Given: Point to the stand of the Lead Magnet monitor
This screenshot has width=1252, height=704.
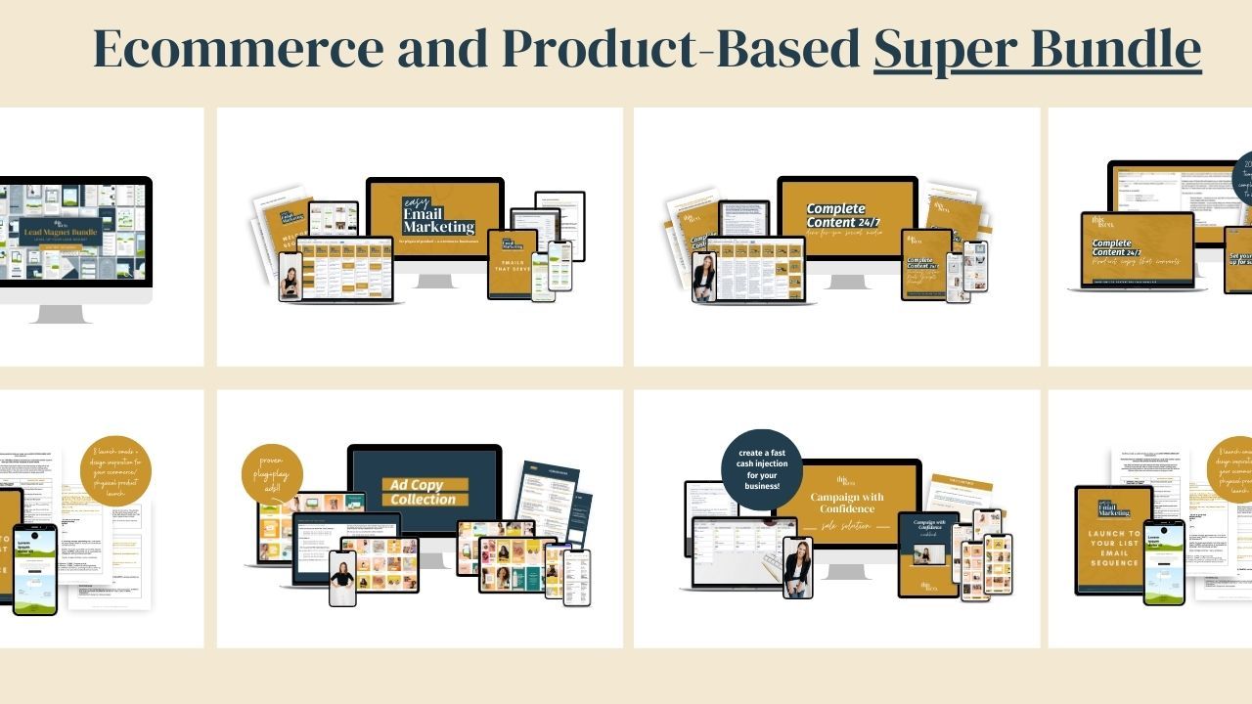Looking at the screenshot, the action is click(x=61, y=313).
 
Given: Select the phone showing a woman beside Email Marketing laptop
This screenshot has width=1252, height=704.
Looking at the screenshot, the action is click(x=290, y=277).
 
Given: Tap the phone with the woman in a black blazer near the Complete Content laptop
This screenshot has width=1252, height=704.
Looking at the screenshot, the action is click(x=704, y=277).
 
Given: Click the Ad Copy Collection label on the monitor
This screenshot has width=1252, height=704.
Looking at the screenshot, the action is click(x=424, y=492).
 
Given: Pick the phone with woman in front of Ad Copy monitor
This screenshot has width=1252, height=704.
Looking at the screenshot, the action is click(x=342, y=578).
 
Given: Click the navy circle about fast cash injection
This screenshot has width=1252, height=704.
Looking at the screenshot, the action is click(x=761, y=468).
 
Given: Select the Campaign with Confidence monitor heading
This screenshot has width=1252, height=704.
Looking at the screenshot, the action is click(x=847, y=504).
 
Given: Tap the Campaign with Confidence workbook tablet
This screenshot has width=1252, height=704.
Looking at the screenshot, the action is click(x=928, y=553).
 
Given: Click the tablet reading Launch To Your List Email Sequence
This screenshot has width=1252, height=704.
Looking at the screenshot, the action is click(x=1113, y=540).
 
